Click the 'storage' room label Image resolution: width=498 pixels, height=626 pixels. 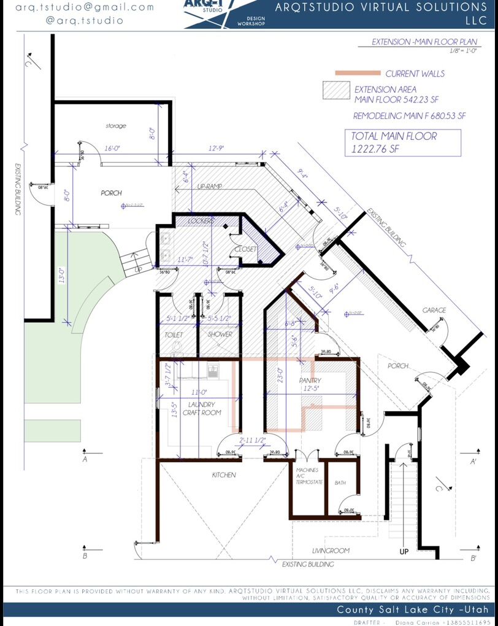pyautogui.click(x=115, y=126)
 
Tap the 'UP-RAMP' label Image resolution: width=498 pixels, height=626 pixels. pyautogui.click(x=209, y=186)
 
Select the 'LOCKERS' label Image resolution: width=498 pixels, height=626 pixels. pyautogui.click(x=201, y=220)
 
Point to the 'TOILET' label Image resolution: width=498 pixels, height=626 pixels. pyautogui.click(x=175, y=334)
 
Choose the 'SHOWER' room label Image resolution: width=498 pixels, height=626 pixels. pyautogui.click(x=220, y=334)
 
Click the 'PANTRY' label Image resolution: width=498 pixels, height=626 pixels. pyautogui.click(x=310, y=381)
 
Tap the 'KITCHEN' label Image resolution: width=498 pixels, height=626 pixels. pyautogui.click(x=224, y=475)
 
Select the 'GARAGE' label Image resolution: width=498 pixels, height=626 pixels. pyautogui.click(x=434, y=311)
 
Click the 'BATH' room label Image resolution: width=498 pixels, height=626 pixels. pyautogui.click(x=340, y=483)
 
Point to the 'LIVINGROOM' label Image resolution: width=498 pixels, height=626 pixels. pyautogui.click(x=331, y=551)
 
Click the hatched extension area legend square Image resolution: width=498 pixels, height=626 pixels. pyautogui.click(x=335, y=90)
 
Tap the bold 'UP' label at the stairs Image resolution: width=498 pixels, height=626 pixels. pyautogui.click(x=404, y=552)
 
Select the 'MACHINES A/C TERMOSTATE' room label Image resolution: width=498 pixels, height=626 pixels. pyautogui.click(x=305, y=476)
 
